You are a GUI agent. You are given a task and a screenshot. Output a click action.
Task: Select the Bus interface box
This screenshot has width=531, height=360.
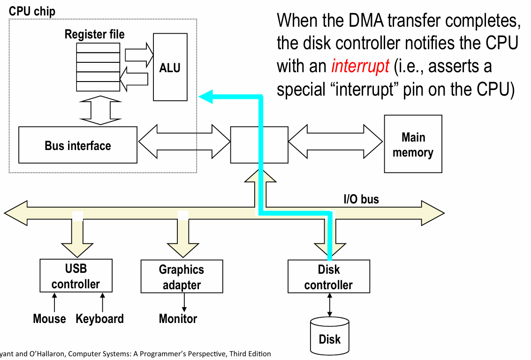click(78, 145)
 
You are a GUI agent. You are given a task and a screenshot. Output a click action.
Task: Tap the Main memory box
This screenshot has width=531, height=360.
click(413, 144)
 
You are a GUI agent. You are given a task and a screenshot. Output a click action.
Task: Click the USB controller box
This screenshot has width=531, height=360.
click(76, 276)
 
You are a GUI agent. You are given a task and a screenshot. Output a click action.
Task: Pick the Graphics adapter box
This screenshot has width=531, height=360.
click(182, 277)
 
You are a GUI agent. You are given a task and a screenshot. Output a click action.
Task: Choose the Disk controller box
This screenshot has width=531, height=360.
click(328, 277)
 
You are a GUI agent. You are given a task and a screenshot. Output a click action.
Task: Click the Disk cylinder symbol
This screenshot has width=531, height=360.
click(330, 335)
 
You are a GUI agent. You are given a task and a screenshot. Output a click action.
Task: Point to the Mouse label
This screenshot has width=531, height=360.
click(49, 319)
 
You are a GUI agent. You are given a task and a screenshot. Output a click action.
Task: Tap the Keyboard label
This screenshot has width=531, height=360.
click(100, 319)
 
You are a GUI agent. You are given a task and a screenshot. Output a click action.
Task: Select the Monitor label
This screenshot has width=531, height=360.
click(178, 319)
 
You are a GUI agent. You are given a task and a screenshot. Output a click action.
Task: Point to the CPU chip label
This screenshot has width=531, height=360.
click(32, 11)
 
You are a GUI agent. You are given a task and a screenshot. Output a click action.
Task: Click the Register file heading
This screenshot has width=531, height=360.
click(95, 34)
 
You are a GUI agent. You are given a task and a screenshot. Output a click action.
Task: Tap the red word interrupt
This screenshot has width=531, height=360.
click(360, 67)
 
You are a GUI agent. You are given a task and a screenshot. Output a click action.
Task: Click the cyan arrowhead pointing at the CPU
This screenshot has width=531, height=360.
click(205, 97)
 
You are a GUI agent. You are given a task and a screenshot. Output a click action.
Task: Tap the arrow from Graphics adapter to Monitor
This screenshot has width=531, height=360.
click(184, 302)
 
